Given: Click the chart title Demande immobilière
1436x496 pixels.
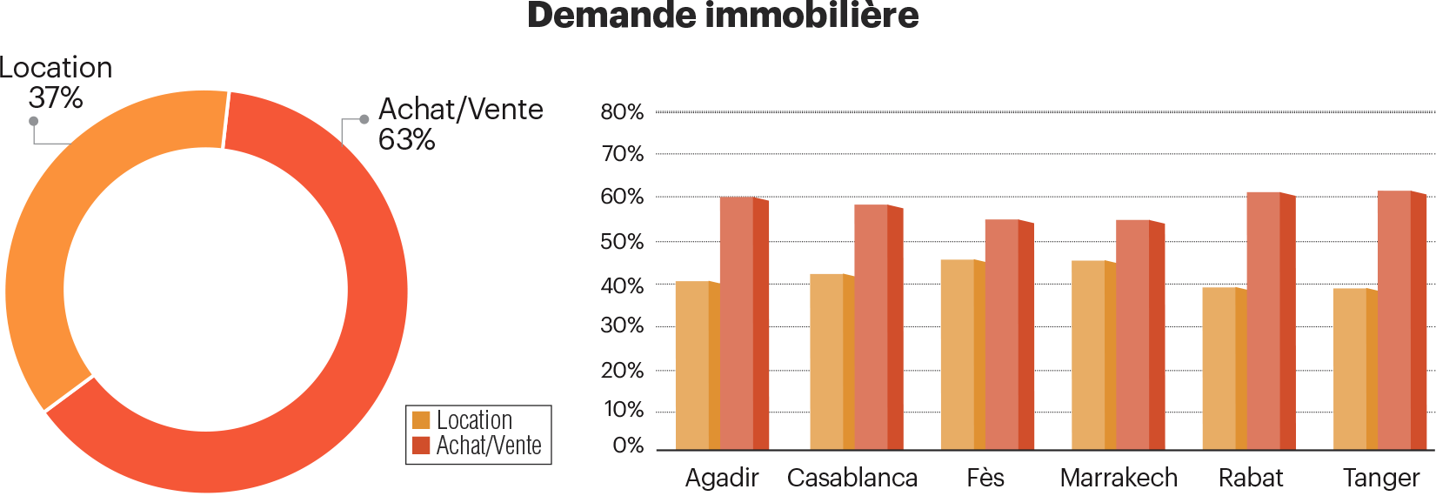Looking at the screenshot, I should click(723, 16).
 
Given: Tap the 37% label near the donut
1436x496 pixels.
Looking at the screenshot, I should click(56, 97).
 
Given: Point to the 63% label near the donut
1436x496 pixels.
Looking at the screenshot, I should click(406, 139).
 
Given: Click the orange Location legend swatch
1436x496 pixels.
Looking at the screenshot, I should click(421, 420).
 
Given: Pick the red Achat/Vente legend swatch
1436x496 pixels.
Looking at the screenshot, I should click(421, 446).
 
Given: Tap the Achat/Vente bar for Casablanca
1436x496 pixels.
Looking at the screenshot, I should click(875, 327).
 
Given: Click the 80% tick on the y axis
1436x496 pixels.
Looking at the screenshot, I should click(622, 112).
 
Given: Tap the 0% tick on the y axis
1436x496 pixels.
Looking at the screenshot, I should click(628, 446).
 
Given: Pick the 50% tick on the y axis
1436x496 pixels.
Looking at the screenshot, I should click(622, 242).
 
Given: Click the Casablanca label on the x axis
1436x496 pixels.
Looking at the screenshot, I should click(852, 478).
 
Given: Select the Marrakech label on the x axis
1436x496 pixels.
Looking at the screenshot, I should click(1119, 478).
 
